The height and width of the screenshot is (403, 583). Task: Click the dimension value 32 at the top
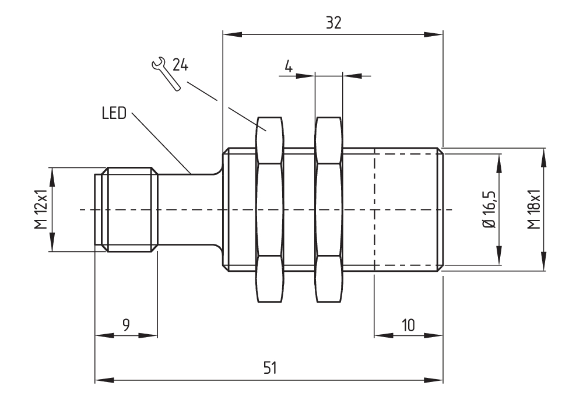[333, 23]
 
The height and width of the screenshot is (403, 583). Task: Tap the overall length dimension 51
[271, 368]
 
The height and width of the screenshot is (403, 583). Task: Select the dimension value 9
[126, 325]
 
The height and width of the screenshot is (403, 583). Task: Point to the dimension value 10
[408, 325]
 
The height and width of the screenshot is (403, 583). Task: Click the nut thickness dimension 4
[289, 67]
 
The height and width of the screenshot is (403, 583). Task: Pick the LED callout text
[114, 113]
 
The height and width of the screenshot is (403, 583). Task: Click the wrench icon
[166, 73]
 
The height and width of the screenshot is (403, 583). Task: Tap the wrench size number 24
[180, 65]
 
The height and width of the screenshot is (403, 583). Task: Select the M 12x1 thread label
[41, 209]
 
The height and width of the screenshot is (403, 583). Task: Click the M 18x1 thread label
[533, 209]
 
